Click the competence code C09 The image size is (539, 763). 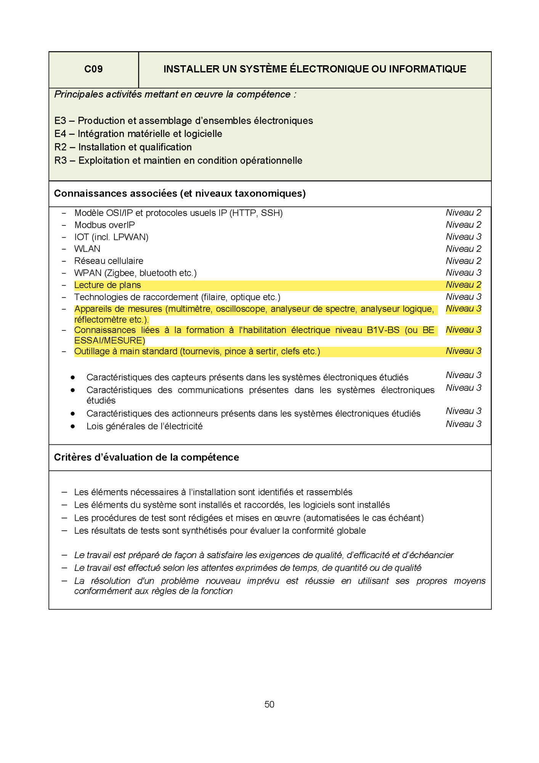[93, 69]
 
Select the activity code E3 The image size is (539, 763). [60, 121]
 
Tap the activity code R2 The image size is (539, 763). [61, 147]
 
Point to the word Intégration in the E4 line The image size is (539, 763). [101, 134]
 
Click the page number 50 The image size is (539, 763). [269, 704]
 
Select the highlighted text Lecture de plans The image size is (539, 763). [107, 285]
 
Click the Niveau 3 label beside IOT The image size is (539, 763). [463, 237]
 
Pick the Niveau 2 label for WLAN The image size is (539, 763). [463, 249]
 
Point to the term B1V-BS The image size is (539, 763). [383, 330]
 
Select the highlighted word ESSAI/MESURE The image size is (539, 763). [109, 341]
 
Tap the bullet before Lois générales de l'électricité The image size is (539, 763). [72, 427]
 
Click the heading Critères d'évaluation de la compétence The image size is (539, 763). [146, 457]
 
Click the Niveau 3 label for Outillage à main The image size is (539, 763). [463, 351]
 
